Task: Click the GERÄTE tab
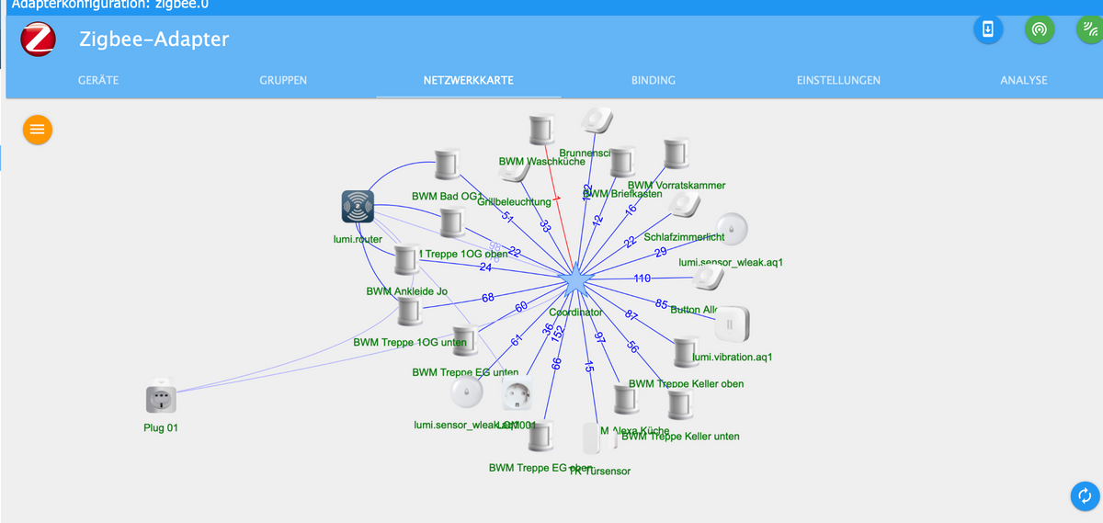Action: pos(97,80)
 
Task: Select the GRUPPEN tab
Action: pos(283,80)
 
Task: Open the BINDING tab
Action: pos(653,80)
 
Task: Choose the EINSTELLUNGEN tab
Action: pos(837,80)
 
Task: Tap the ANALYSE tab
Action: pos(1023,80)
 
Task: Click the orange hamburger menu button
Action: pos(37,130)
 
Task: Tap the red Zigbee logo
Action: pos(40,40)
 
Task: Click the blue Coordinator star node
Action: pos(576,280)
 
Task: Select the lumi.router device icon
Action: pos(358,207)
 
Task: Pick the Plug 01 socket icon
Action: pos(161,399)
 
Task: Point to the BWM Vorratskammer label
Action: pos(676,186)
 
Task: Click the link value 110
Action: pos(642,278)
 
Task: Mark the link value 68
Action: pos(488,297)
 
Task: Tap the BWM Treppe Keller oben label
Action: pos(687,383)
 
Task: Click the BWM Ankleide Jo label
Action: pos(406,291)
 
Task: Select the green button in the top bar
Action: pos(1039,28)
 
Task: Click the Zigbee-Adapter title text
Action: pos(154,40)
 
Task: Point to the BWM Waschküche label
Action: pos(541,162)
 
